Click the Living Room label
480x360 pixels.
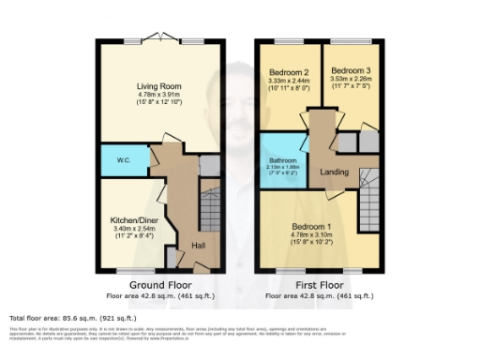click(158, 85)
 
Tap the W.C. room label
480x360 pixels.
click(122, 160)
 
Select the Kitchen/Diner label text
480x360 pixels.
click(133, 220)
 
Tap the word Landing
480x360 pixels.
click(334, 172)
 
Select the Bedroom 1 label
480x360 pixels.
click(308, 227)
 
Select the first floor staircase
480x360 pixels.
click(370, 192)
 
